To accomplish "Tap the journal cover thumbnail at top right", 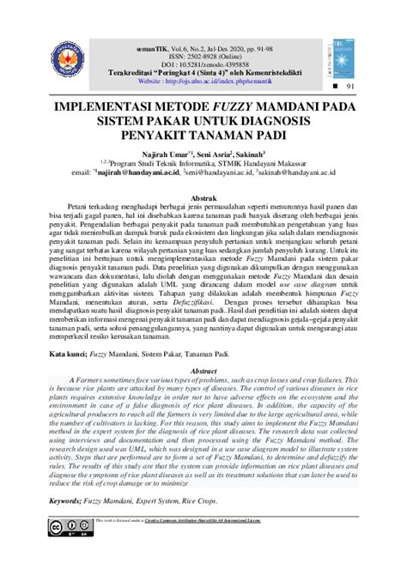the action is point(337,53).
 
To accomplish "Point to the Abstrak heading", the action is point(203,197).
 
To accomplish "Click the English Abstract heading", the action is point(203,371).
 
